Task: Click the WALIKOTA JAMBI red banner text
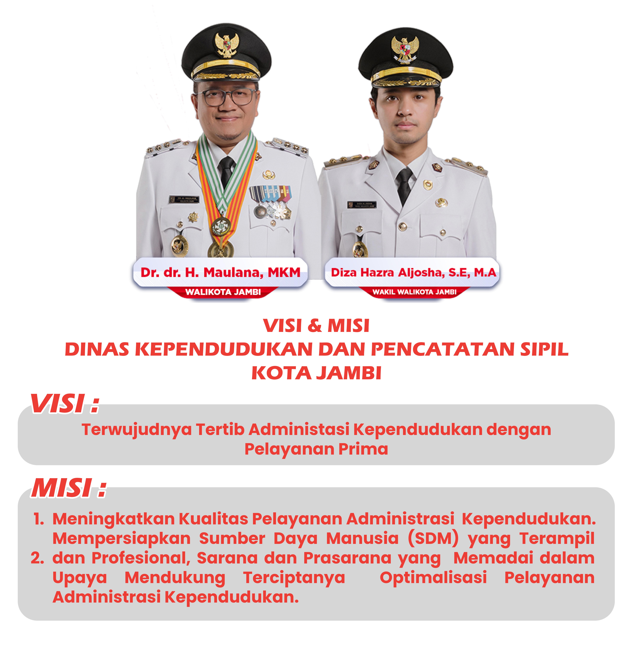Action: (223, 292)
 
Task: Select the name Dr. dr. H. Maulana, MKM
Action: (220, 272)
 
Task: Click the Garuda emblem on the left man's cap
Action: (227, 45)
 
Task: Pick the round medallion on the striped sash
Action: (220, 226)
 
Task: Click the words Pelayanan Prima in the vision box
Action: (316, 449)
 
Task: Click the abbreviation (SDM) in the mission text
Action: (433, 538)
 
